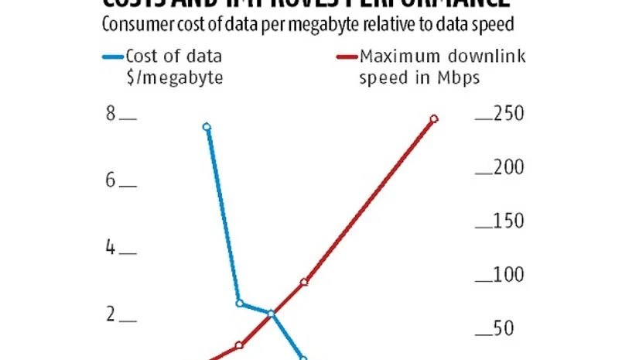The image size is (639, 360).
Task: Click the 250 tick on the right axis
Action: click(484, 118)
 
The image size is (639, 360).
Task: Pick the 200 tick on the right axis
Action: click(484, 173)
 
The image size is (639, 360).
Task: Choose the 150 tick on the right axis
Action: click(484, 227)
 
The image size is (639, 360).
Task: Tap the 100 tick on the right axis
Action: click(484, 280)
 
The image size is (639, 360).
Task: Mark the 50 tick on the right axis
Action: click(484, 334)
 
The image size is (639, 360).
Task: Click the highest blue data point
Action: click(207, 127)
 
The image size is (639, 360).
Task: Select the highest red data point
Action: click(434, 118)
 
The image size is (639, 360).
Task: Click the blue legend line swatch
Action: click(112, 56)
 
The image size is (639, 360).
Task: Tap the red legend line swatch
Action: click(346, 56)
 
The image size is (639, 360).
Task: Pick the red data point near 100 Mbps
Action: click(304, 282)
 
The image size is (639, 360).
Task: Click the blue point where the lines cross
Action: click(271, 314)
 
